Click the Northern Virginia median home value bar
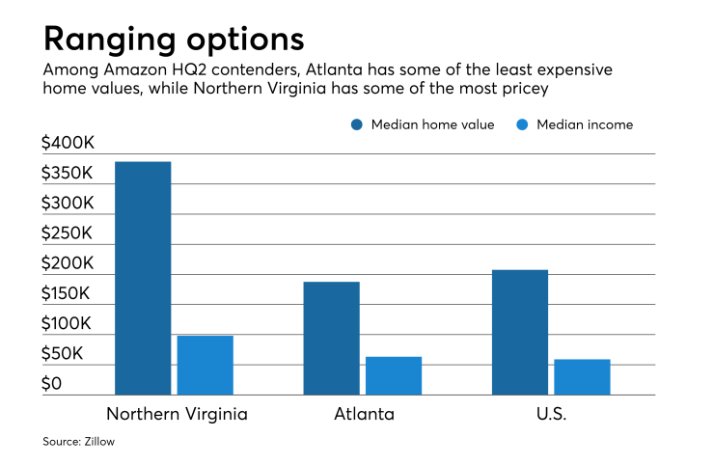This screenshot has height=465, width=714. pos(143,278)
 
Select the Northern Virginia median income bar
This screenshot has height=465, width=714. pos(205,365)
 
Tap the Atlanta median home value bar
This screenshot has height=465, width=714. pos(331,338)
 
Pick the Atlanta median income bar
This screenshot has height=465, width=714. pos(393,375)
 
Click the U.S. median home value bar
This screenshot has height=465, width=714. pos(520,332)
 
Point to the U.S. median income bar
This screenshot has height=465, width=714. pos(582,377)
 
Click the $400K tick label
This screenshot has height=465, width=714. pos(67,144)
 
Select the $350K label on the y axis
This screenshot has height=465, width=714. pos(67,174)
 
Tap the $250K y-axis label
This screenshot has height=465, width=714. pos(67,233)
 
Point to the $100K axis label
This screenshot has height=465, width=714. pos(67,323)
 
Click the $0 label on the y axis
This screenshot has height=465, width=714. pos(52,383)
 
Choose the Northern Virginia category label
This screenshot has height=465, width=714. pos(176,415)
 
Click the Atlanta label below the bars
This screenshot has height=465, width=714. pos(363,415)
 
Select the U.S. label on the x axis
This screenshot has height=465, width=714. pos(551,415)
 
